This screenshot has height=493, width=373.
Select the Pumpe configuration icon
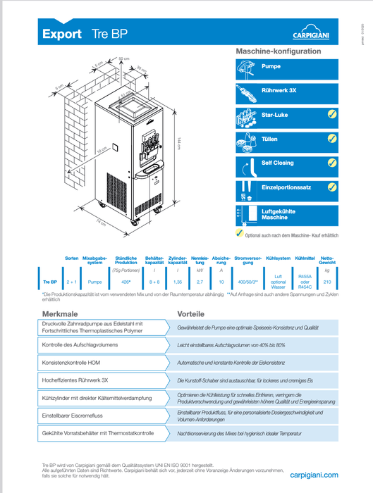246,68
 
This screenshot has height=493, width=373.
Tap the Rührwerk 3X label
279,91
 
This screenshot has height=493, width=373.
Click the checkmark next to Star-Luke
332,114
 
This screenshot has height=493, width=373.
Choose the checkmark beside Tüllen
332,139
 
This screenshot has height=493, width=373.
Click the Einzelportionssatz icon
246,188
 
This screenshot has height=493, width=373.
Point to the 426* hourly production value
125,281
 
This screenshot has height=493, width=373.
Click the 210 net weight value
326,281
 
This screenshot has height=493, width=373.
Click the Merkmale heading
59,314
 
